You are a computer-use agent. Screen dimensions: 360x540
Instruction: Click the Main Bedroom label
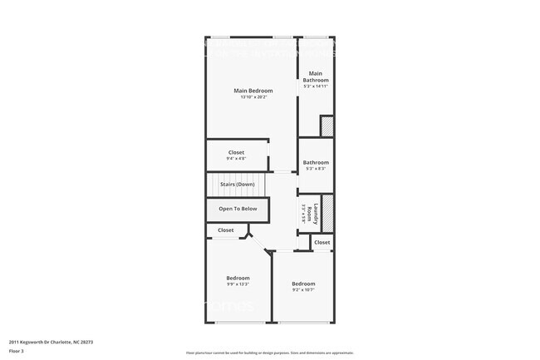(253, 91)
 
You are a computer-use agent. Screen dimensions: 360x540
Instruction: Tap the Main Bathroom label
(316, 76)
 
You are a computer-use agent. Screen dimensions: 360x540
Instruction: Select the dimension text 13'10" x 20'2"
(253, 98)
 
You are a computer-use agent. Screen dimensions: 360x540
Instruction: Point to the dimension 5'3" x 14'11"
(316, 86)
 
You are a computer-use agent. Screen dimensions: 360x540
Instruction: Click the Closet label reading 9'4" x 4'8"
(236, 152)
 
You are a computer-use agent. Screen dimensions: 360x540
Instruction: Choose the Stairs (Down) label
(237, 184)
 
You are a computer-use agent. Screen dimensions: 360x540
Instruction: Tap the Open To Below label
(238, 209)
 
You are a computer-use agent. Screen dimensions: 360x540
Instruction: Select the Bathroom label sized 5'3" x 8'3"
(316, 162)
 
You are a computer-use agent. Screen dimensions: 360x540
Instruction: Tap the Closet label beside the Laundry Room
(322, 242)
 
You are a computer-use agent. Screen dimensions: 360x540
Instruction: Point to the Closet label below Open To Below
(226, 230)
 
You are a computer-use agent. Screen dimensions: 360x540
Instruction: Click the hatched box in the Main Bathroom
(326, 126)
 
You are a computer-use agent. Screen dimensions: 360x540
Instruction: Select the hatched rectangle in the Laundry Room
(327, 213)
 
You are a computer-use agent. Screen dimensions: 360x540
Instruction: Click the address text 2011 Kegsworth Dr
(51, 341)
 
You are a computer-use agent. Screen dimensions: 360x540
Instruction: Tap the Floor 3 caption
(16, 352)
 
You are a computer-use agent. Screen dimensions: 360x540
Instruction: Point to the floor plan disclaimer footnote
(270, 353)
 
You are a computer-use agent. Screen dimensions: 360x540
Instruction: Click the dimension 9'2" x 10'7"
(303, 290)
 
